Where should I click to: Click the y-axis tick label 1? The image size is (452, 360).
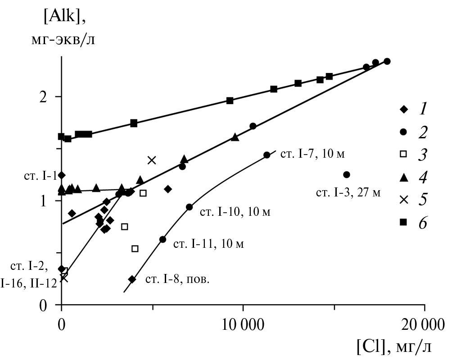tap(44, 200)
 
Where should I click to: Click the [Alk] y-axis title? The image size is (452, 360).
tap(63, 17)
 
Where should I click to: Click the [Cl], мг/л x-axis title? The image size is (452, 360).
tap(394, 347)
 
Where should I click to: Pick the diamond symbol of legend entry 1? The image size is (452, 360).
tap(404, 109)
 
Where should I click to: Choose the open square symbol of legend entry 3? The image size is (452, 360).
tap(404, 154)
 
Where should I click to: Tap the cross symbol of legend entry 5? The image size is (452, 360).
tap(404, 200)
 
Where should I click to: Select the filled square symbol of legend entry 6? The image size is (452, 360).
tap(404, 222)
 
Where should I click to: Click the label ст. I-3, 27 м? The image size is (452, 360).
tap(348, 193)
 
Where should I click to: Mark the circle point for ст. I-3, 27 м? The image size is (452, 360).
tap(346, 174)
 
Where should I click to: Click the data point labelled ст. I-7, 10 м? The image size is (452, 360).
tap(267, 155)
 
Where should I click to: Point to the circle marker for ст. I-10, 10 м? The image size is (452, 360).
tap(189, 207)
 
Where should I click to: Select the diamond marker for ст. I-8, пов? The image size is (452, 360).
tap(132, 279)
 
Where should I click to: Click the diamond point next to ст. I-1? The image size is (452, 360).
tap(62, 175)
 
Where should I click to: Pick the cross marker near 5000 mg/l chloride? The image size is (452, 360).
tap(152, 160)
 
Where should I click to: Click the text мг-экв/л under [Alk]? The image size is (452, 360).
tap(63, 40)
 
